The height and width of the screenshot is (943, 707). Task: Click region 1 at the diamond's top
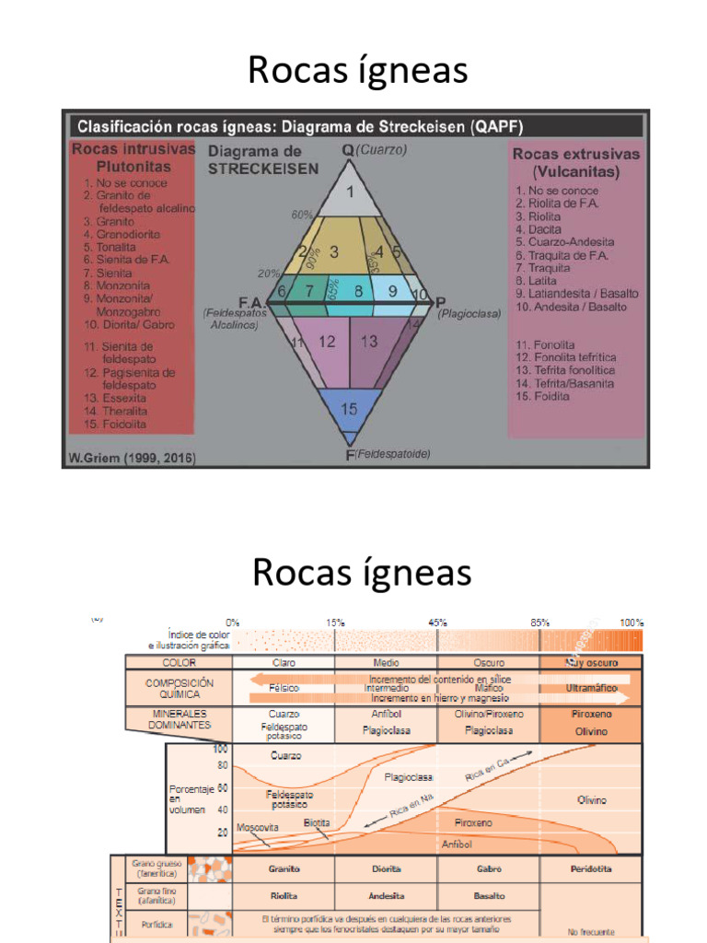click(x=349, y=192)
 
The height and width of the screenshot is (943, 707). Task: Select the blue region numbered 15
click(x=349, y=408)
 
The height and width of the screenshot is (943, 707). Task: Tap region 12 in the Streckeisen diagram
click(x=327, y=342)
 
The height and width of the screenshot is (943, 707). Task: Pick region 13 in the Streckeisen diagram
click(x=369, y=342)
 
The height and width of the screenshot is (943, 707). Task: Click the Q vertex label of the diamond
click(x=348, y=150)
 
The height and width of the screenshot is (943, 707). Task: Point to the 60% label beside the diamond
click(x=302, y=215)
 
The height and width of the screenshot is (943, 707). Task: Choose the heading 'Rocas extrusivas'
click(x=576, y=155)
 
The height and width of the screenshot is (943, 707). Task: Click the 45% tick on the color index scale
click(x=437, y=623)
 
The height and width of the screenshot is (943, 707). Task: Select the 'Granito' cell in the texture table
click(x=284, y=868)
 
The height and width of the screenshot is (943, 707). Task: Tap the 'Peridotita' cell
click(x=591, y=868)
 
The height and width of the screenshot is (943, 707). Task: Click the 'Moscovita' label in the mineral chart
click(x=258, y=827)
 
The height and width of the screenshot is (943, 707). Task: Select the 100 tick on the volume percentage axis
click(x=222, y=750)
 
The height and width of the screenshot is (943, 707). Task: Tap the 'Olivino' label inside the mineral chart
click(x=591, y=799)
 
